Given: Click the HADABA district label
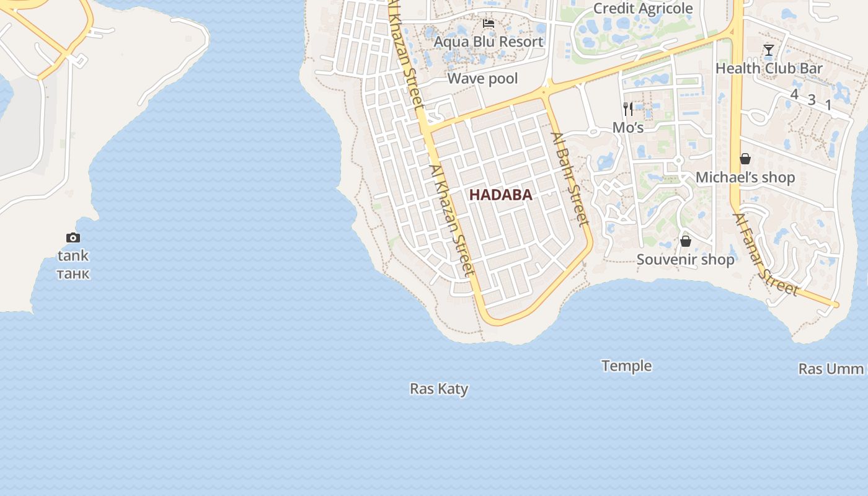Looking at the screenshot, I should (x=500, y=195).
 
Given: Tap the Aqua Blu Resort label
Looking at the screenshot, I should (x=488, y=42).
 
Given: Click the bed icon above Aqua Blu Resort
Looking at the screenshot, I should (x=489, y=24).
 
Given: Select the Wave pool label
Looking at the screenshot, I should (x=482, y=79).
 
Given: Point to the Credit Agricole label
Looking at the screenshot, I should (x=643, y=8).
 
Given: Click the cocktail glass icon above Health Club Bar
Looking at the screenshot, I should (x=769, y=50).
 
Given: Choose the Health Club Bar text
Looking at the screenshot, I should (x=769, y=68).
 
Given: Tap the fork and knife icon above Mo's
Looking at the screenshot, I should (x=628, y=109).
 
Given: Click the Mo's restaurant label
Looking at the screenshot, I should (x=628, y=128).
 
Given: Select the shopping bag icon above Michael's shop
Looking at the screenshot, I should (x=745, y=159).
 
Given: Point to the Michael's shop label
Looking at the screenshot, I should (x=745, y=177).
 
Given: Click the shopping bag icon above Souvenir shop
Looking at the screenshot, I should (x=686, y=241).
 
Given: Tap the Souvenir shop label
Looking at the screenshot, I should (x=685, y=259).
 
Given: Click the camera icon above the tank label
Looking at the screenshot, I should (x=73, y=237).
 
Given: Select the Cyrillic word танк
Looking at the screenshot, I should (x=73, y=273).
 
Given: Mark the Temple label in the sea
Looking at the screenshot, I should (x=626, y=366).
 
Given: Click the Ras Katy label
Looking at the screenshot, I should (x=439, y=389).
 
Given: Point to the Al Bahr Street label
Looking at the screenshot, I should (x=569, y=179).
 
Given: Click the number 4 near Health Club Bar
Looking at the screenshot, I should (x=794, y=94).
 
